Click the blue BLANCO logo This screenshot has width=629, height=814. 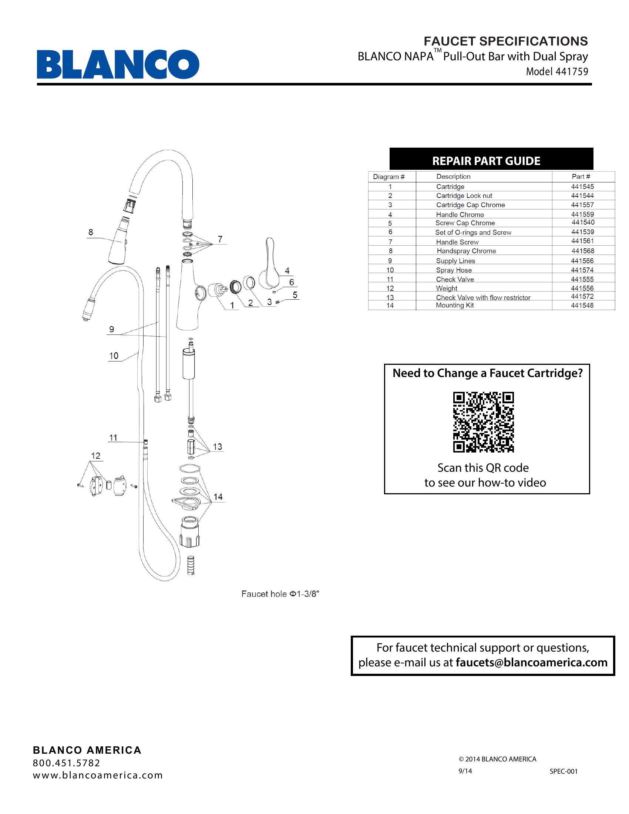coord(118,64)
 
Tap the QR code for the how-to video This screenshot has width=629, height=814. coord(483,422)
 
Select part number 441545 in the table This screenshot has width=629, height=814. coord(582,186)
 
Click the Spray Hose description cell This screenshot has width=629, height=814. coord(454,270)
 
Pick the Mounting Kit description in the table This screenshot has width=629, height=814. coord(455,305)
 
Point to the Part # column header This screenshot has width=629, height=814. coord(581,176)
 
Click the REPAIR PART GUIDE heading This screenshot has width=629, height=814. coord(486,161)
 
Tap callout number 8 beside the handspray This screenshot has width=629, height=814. coord(91,232)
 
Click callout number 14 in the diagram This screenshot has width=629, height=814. coord(218,497)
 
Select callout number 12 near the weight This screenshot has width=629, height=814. coord(95,455)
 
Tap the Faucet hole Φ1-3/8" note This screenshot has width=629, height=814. coord(280,594)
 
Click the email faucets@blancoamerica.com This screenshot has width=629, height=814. coord(531,662)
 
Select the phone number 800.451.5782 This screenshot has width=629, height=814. coord(66,763)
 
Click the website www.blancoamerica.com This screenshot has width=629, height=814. coord(98,775)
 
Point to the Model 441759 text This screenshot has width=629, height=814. coord(557,71)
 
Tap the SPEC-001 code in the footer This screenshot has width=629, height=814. coord(564,771)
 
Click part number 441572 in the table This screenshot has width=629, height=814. coord(582,296)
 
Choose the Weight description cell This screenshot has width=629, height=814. coord(447,288)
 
